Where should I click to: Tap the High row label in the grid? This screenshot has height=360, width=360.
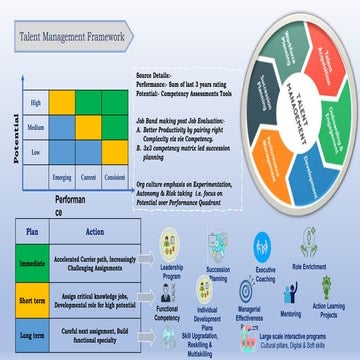tap(37, 102)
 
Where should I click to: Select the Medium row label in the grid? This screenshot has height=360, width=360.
tap(37, 127)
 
